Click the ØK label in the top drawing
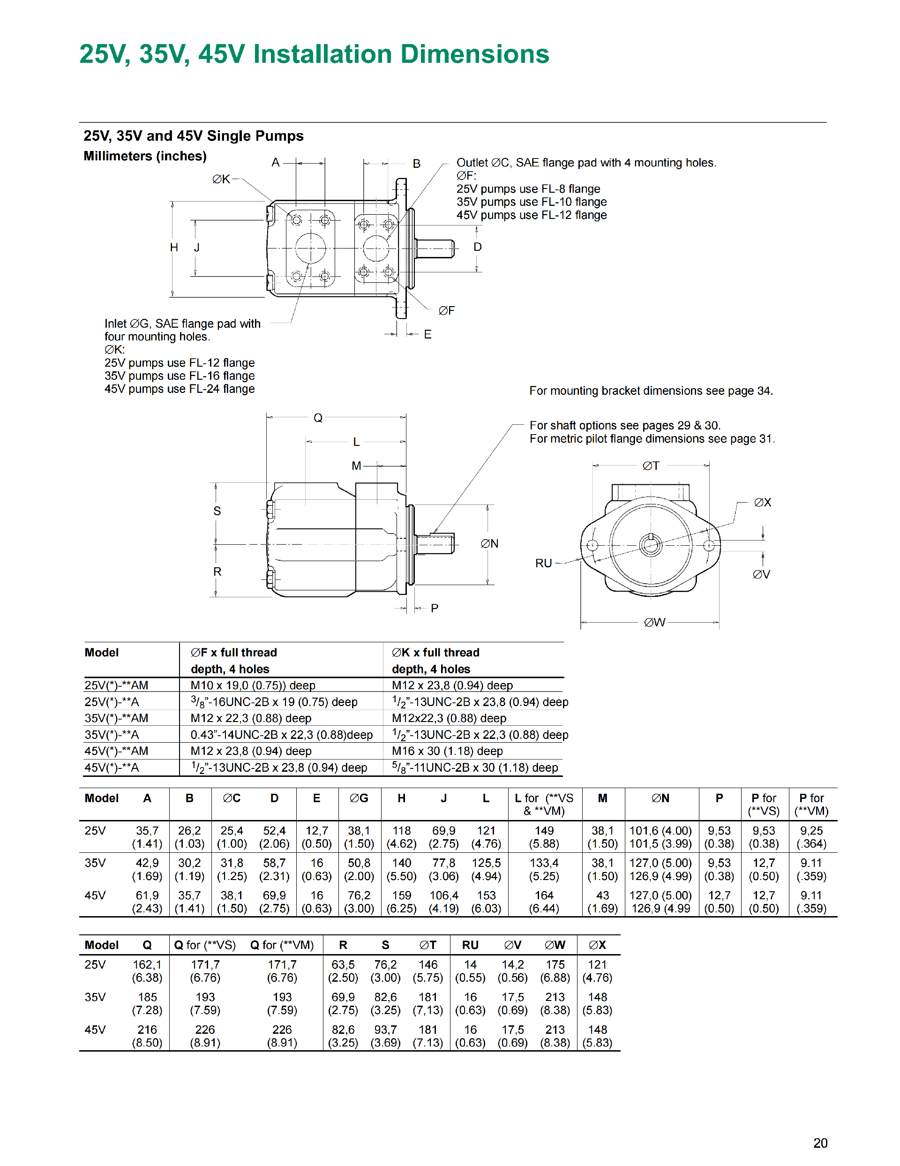[221, 180]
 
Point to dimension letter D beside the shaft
[477, 247]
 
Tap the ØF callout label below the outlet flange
[446, 311]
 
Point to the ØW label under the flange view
[654, 623]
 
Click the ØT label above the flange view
[650, 466]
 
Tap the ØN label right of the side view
[489, 543]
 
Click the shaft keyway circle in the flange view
[650, 545]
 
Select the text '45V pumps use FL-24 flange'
[180, 389]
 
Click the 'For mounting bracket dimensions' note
[651, 391]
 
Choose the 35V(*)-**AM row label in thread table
[116, 718]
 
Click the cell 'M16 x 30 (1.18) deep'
[447, 751]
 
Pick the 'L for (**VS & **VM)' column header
[543, 804]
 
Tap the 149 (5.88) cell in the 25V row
[543, 837]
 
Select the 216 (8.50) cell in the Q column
[147, 1036]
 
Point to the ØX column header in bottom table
[597, 945]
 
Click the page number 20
[820, 1143]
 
